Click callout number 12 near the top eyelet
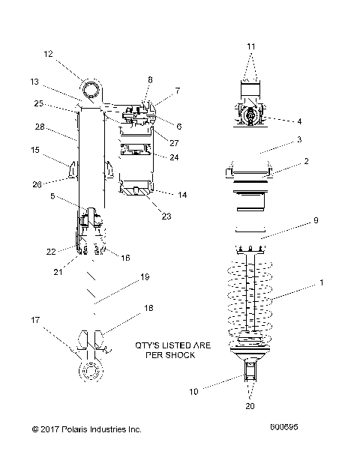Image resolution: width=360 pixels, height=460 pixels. pos(49,54)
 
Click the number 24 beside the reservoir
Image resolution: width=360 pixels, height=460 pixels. pos(174,157)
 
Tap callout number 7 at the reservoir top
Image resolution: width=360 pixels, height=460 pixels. pos(178,91)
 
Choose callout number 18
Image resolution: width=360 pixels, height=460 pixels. pos(148,308)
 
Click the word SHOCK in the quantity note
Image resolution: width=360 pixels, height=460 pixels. pos(180,356)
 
